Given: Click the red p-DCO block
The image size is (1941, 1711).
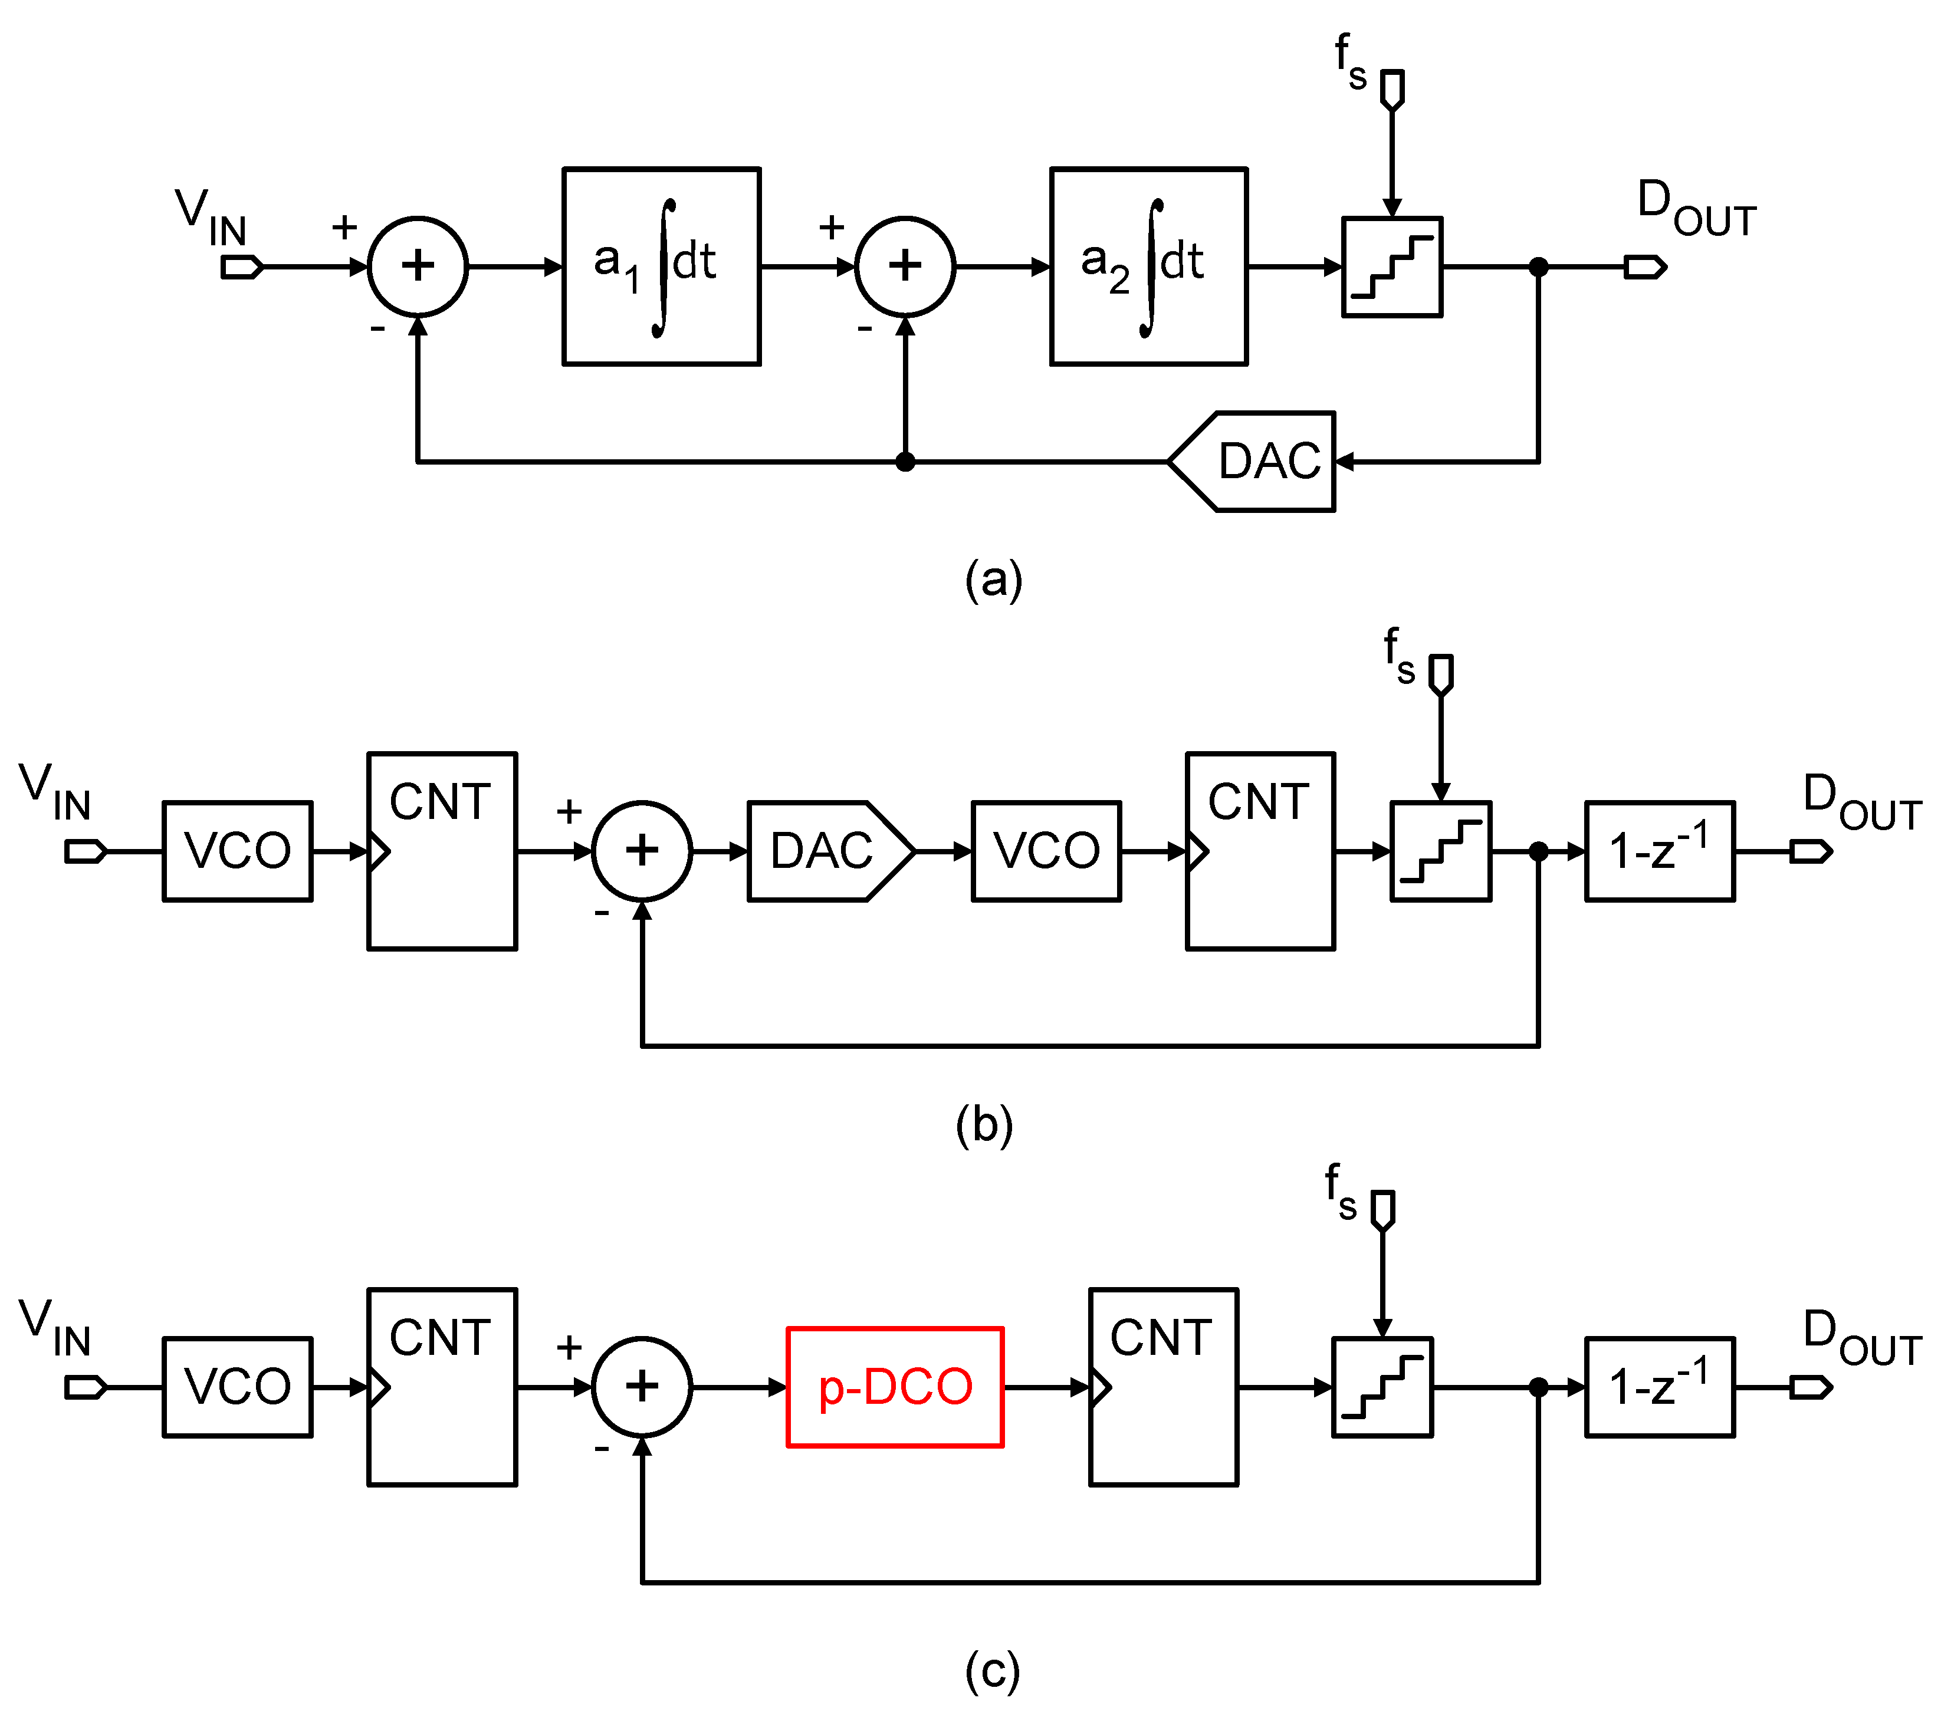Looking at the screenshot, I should (895, 1387).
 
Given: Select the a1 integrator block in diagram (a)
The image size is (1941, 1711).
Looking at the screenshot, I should (661, 267).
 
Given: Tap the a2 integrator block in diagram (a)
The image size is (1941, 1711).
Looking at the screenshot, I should (1148, 267).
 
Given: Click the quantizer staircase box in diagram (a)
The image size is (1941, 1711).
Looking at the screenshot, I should (1392, 267).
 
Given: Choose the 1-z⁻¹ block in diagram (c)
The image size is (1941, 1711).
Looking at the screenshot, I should (1659, 1387).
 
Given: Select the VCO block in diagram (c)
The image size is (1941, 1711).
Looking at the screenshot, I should (238, 1387).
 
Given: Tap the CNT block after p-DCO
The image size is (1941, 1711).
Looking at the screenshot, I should (1163, 1387).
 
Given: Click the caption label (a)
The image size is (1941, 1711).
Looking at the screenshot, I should (993, 579).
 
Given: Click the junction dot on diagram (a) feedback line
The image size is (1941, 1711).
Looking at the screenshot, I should (905, 462).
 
